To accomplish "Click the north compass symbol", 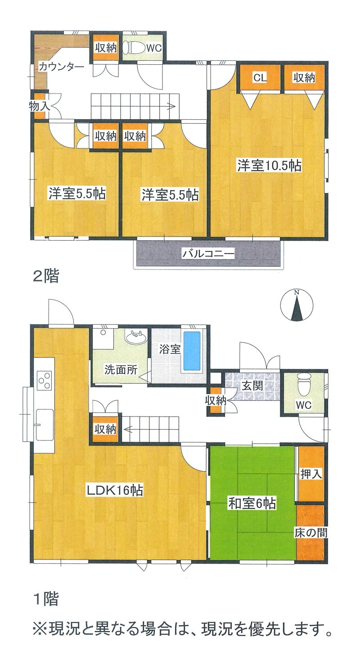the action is [297, 306].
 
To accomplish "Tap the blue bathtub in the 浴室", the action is [192, 351].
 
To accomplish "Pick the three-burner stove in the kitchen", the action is [45, 380].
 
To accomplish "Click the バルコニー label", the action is [208, 253].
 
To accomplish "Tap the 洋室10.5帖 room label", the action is [270, 166].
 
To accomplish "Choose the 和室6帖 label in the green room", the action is [252, 503].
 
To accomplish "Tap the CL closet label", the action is [260, 77].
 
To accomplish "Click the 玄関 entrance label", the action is [252, 386].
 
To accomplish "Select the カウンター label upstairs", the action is [61, 67].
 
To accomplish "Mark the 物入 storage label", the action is [40, 106].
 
